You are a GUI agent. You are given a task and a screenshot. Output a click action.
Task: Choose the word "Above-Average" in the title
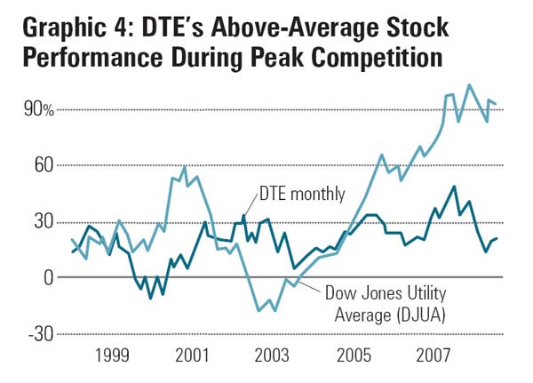[x=282, y=29]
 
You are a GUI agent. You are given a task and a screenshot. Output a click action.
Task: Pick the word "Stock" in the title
[x=413, y=29]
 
